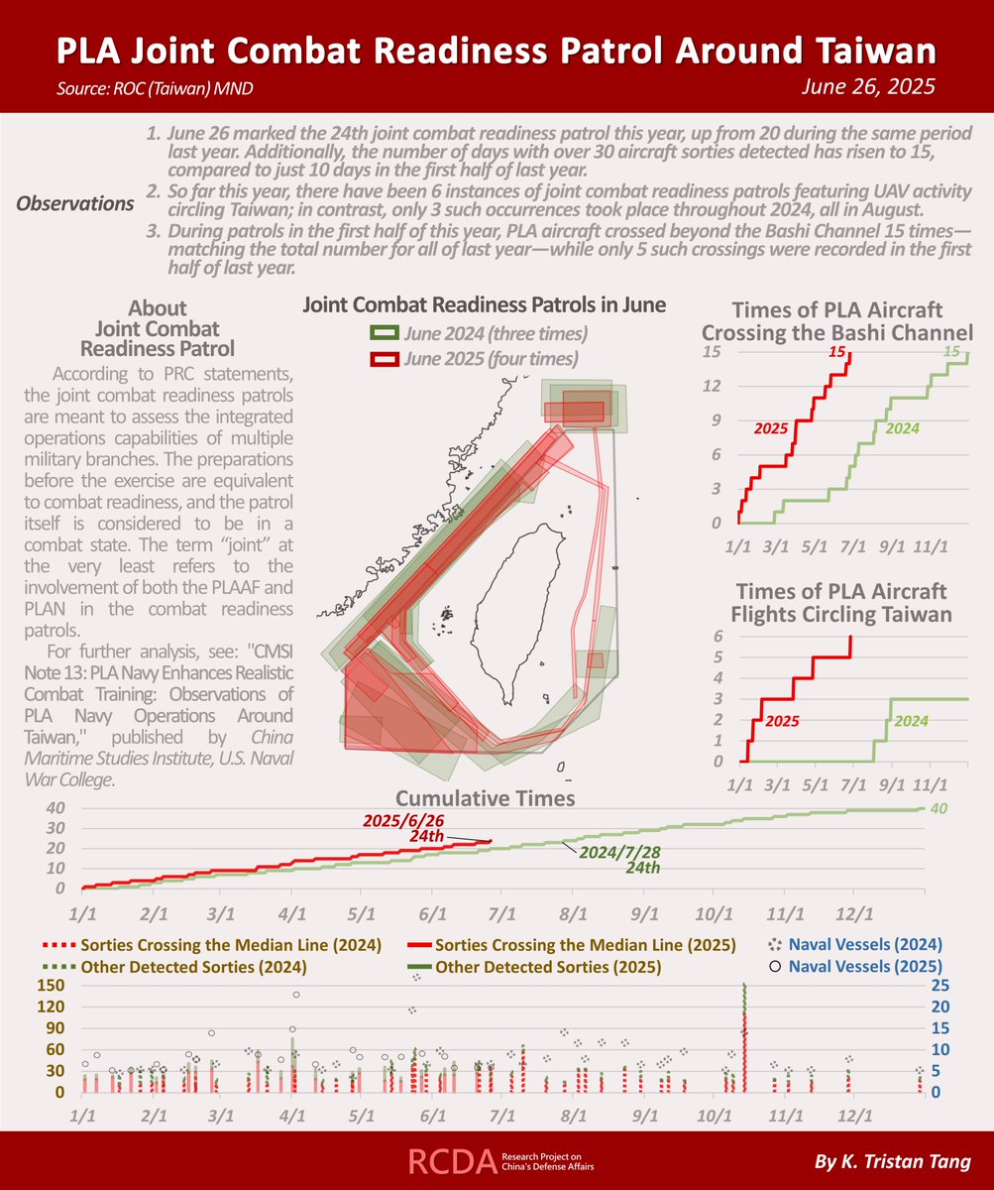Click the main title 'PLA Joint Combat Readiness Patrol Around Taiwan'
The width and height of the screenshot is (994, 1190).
pos(497,52)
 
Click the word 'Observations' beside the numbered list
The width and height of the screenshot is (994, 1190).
pos(76,203)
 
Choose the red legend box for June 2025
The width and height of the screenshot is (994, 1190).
pos(385,358)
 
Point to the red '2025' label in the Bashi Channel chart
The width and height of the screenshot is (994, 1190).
pos(772,429)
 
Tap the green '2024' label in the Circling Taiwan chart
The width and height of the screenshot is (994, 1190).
pos(911,722)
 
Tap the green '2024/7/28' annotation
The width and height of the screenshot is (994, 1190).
pos(618,852)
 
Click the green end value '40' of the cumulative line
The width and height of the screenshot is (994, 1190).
pos(940,809)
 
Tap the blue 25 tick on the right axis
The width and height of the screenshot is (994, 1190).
pos(941,985)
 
